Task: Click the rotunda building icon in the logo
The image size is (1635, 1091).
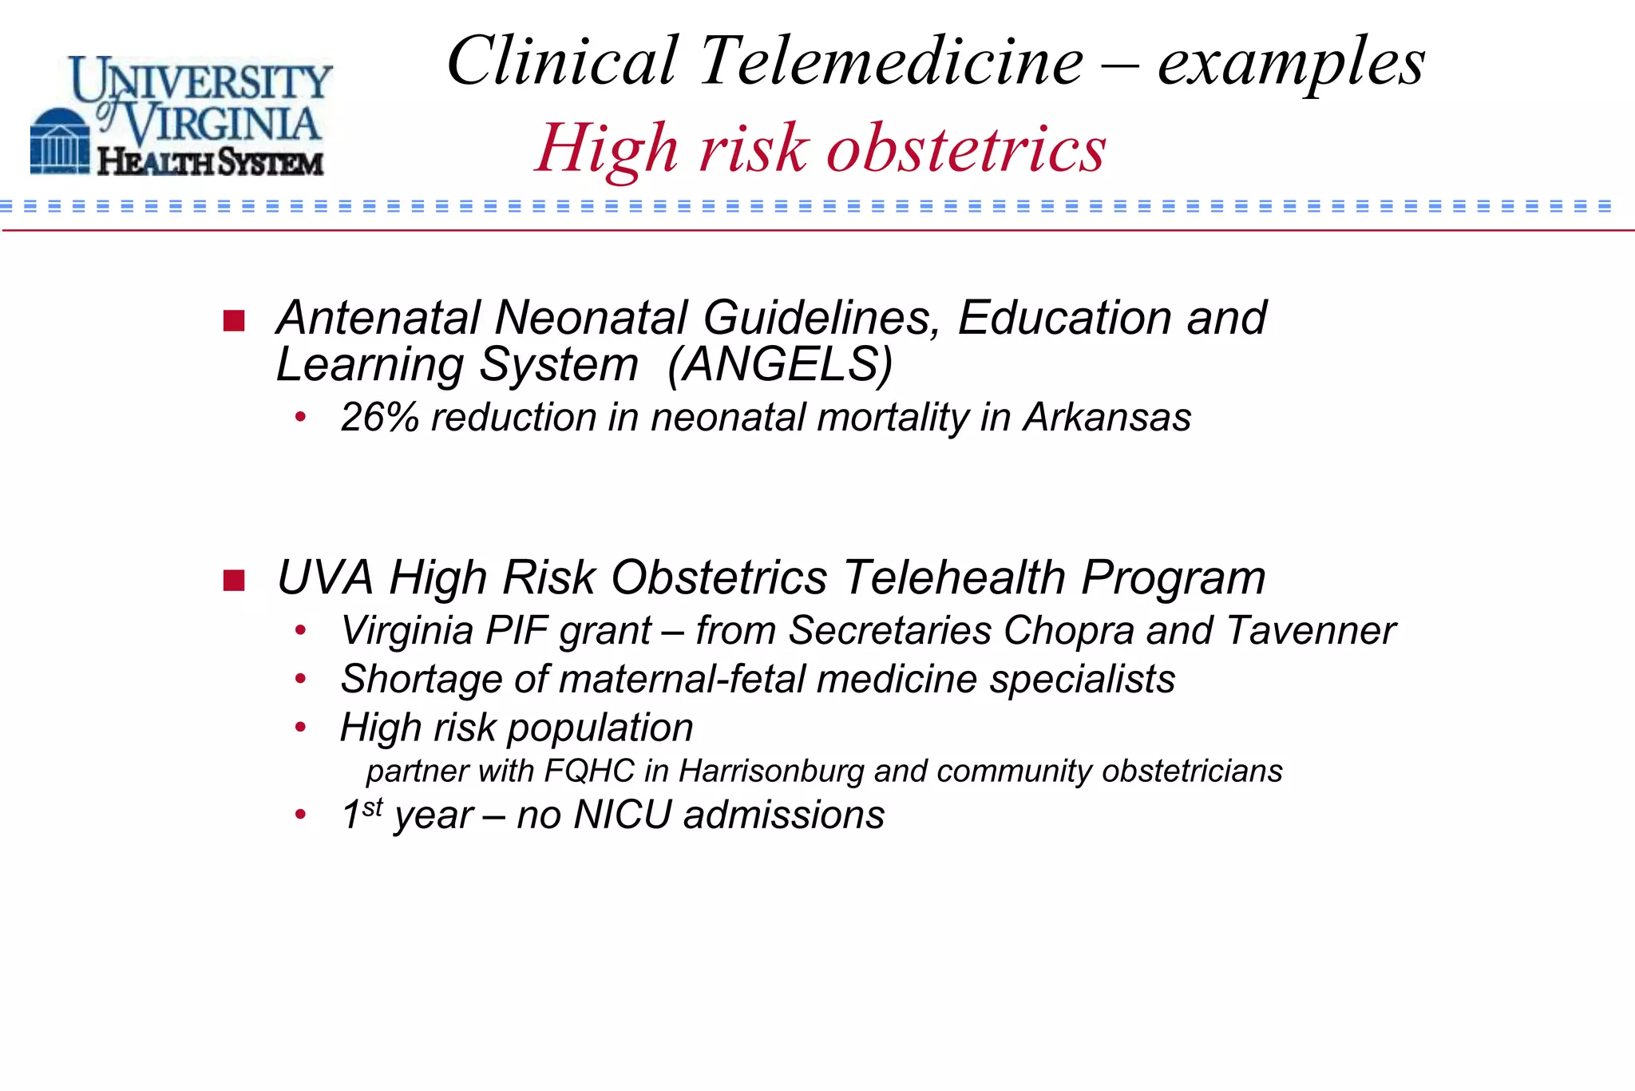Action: point(60,142)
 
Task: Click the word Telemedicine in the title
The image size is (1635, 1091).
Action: point(892,61)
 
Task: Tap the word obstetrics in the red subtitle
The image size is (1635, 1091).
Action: point(966,149)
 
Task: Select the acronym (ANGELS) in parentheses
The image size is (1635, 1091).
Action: point(780,364)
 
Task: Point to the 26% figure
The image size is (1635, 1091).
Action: point(379,417)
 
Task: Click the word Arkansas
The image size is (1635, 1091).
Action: point(1106,417)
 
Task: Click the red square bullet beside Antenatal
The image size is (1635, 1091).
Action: point(234,320)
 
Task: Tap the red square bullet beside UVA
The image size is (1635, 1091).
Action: point(234,580)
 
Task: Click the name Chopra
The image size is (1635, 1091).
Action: point(1068,630)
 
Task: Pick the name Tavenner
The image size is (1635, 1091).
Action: point(1310,630)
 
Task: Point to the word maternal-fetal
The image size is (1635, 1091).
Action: point(682,679)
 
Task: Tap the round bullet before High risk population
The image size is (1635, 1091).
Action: point(300,728)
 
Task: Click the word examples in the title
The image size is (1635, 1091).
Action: point(1290,61)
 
